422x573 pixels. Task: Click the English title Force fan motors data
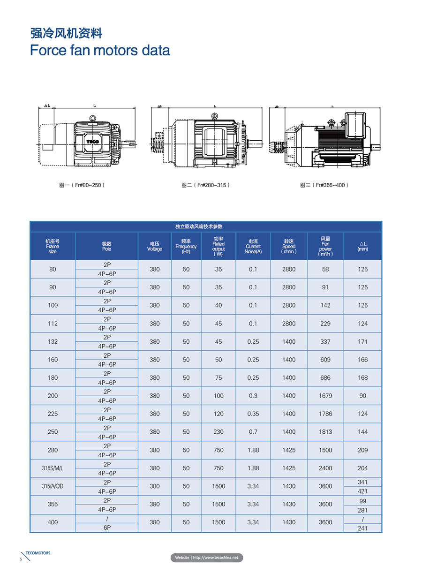coord(100,50)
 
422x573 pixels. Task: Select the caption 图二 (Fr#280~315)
coord(205,185)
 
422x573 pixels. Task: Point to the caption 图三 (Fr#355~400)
coord(324,185)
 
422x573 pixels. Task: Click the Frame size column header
coord(53,246)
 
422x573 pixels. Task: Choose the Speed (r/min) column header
coord(289,246)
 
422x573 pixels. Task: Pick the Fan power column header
coord(325,246)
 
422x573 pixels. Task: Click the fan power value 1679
coord(325,396)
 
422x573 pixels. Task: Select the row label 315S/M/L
coord(53,468)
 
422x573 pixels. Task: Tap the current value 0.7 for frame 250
coord(253,432)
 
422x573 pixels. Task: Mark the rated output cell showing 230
coord(219,432)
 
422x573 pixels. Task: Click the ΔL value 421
coord(362,491)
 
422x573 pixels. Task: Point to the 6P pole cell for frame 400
coord(107,528)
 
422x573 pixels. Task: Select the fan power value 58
coord(325,269)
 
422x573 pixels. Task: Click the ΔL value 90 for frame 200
coord(362,396)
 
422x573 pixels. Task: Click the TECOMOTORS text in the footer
coord(38,553)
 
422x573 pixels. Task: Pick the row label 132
coord(53,342)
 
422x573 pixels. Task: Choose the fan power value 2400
coord(325,468)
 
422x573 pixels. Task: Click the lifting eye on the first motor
coord(93,119)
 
